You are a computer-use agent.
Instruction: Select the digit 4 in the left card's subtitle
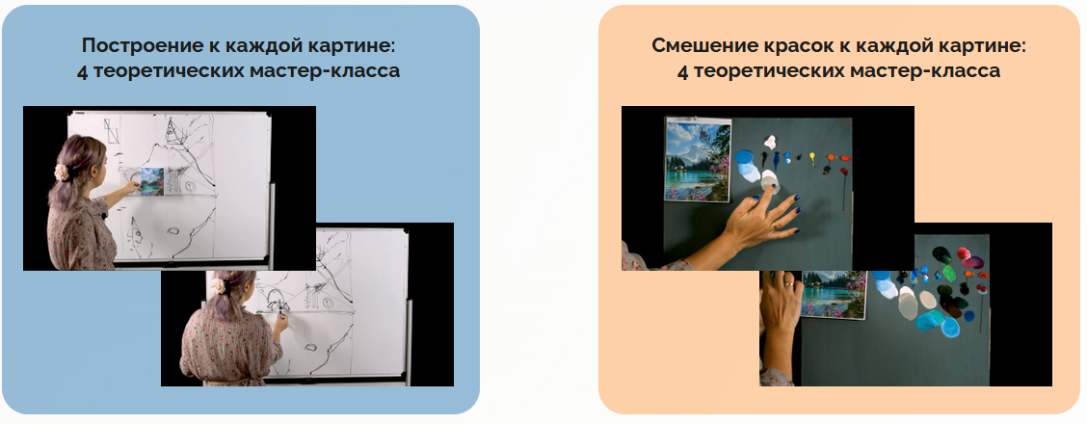[x=82, y=71]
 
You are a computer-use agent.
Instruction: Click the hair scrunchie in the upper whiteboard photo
[x=61, y=172]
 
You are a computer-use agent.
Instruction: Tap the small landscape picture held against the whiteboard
[x=151, y=181]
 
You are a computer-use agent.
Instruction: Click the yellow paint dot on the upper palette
[x=813, y=154]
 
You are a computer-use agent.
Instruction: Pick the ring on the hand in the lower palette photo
[x=788, y=284]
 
